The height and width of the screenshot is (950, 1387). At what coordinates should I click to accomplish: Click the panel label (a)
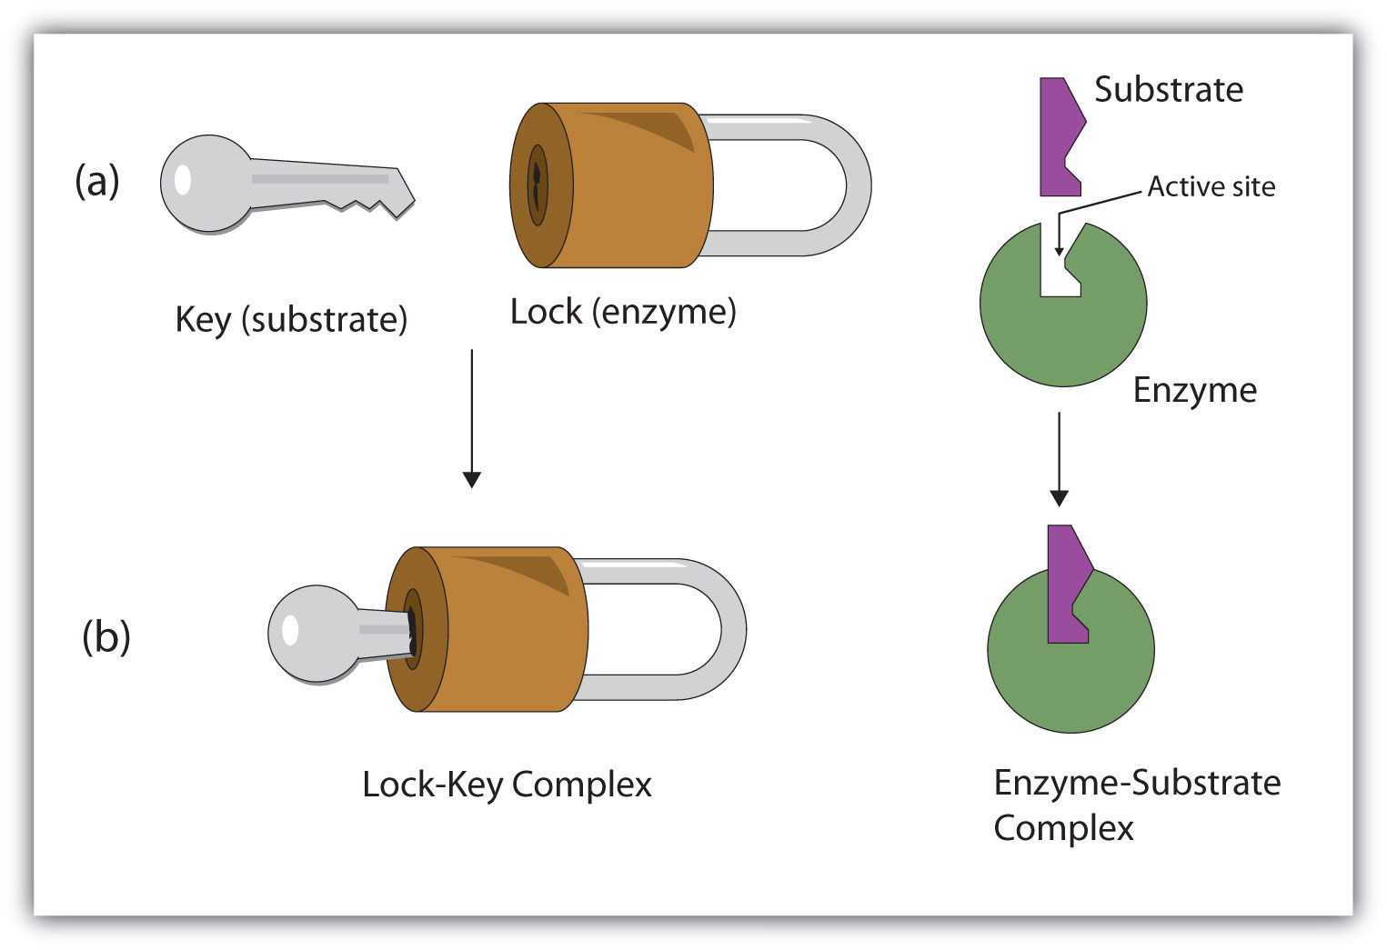coord(96,180)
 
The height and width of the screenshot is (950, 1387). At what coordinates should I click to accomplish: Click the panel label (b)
coord(106,636)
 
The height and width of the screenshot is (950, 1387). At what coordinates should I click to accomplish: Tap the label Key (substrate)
coord(291,320)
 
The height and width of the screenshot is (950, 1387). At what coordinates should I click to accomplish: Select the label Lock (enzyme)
coord(623,312)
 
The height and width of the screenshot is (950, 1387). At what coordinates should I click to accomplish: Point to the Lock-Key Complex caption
coord(507,785)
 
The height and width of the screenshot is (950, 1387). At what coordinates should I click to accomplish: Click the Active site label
coord(1211,186)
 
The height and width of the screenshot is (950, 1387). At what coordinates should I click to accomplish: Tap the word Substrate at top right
coord(1168,90)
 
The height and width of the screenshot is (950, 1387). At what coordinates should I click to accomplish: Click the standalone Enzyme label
coord(1194,390)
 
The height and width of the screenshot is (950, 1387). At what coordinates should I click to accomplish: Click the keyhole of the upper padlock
coord(538,185)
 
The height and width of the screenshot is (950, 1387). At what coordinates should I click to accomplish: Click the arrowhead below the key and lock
coord(471,479)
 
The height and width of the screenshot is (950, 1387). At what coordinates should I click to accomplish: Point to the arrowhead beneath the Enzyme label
coord(1059,496)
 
